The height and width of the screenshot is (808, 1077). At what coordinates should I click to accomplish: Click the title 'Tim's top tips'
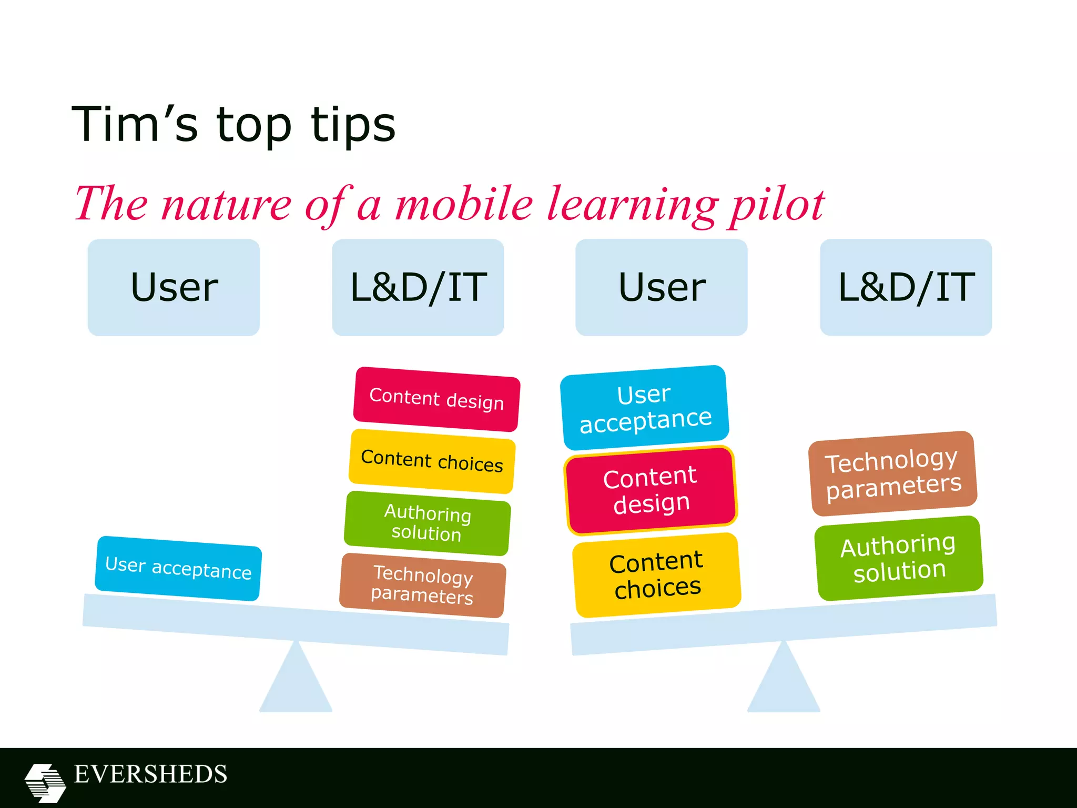point(233,125)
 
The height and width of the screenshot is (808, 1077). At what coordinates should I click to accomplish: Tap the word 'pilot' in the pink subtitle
point(776,205)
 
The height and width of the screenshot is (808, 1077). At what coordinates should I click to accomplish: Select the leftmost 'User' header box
point(174,287)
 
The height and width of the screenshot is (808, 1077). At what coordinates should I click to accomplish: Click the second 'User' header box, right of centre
point(662,287)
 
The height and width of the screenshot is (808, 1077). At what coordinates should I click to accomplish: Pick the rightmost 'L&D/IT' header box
point(906,287)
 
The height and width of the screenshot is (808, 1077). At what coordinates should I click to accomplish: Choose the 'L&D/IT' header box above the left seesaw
point(418,287)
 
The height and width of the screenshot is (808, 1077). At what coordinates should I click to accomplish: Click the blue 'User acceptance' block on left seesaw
point(178,568)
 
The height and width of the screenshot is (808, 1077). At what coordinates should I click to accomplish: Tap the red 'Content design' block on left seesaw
point(436,399)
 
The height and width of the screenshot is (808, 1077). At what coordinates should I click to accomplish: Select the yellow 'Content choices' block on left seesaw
point(432,461)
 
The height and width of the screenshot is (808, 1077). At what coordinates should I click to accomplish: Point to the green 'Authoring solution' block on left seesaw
point(427,523)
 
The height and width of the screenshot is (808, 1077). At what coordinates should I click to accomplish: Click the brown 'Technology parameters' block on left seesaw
point(423,585)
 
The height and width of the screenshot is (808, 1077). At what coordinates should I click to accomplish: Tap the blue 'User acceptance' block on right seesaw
point(645,408)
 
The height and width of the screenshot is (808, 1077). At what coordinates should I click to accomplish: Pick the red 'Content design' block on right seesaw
point(651,490)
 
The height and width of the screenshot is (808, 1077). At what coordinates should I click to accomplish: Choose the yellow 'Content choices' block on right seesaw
point(657,574)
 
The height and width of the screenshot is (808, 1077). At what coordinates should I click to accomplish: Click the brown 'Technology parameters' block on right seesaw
point(893,473)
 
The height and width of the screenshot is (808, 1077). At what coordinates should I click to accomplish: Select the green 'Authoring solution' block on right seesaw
point(899,558)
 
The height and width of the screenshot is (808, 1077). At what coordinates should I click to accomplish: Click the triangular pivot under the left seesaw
point(296,681)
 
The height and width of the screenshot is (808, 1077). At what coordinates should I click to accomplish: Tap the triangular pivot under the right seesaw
point(784,681)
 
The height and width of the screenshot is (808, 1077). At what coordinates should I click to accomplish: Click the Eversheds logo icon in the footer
point(45,783)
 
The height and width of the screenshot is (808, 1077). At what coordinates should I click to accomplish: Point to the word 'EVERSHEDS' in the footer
point(151,774)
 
